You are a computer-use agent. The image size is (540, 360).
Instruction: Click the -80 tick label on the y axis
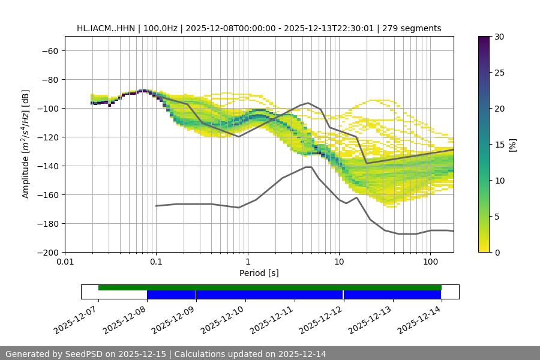click(x=49, y=80)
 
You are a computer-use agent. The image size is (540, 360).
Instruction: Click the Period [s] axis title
click(x=259, y=273)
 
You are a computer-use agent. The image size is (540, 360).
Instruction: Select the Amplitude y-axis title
click(x=26, y=145)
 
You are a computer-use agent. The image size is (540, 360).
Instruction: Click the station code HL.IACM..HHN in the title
click(x=106, y=28)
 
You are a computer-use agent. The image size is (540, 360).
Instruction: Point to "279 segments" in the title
click(x=414, y=28)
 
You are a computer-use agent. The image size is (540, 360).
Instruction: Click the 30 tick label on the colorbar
click(x=499, y=37)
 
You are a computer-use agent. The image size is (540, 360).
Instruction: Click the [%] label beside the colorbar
click(x=512, y=145)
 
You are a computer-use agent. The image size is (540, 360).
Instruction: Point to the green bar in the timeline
click(x=270, y=287)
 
